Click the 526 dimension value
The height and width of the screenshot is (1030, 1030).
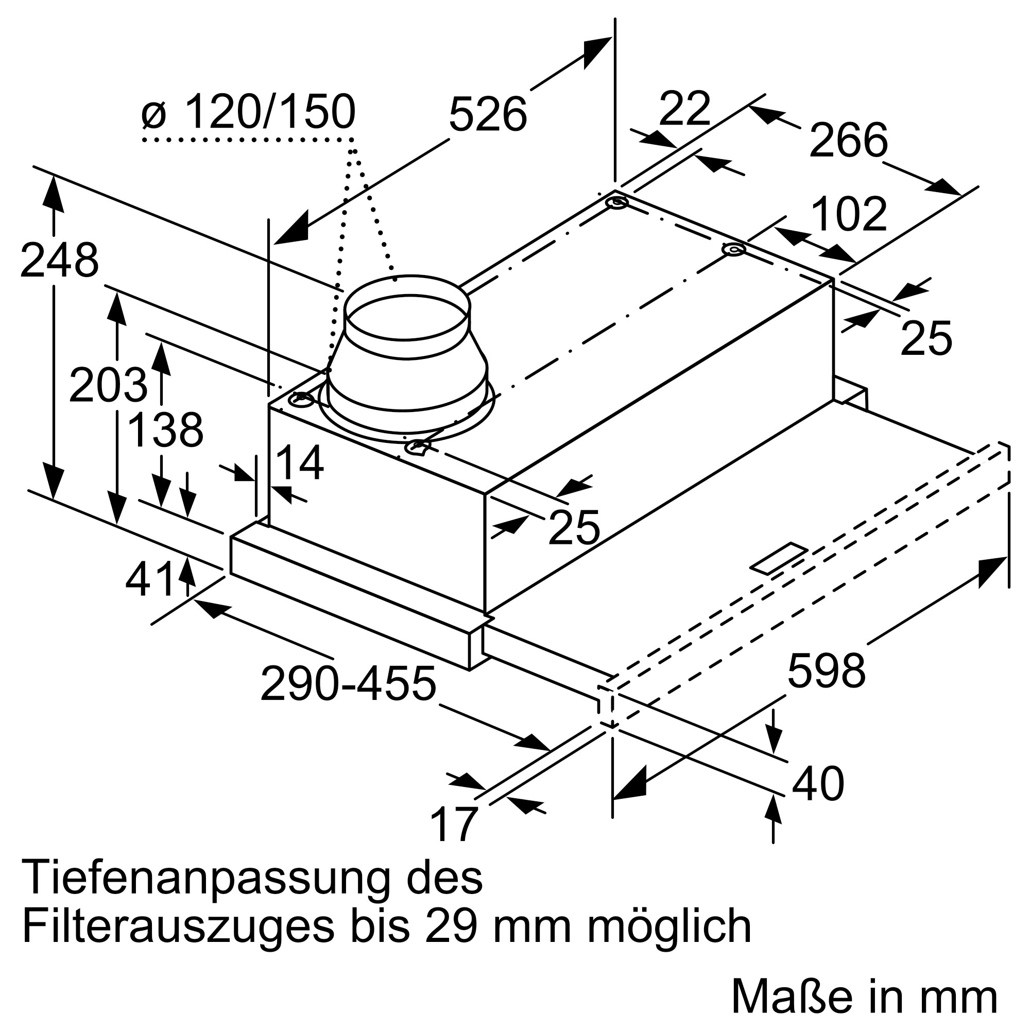click(487, 115)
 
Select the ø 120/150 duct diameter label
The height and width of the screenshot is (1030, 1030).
click(249, 112)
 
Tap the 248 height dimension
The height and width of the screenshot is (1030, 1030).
click(59, 260)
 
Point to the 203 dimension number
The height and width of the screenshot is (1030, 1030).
click(108, 385)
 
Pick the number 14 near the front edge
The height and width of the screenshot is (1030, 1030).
click(300, 463)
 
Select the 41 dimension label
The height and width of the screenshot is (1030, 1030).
click(150, 579)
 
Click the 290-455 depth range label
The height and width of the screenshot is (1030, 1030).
click(348, 684)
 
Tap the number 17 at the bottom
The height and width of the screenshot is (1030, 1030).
click(453, 825)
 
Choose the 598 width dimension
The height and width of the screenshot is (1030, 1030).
click(826, 671)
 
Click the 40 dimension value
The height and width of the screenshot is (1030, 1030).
click(817, 783)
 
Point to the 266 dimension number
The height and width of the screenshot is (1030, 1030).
click(848, 140)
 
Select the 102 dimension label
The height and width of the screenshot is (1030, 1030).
click(849, 214)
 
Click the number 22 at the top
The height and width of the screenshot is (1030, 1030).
click(684, 109)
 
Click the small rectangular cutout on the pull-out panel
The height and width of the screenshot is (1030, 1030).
click(779, 559)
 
